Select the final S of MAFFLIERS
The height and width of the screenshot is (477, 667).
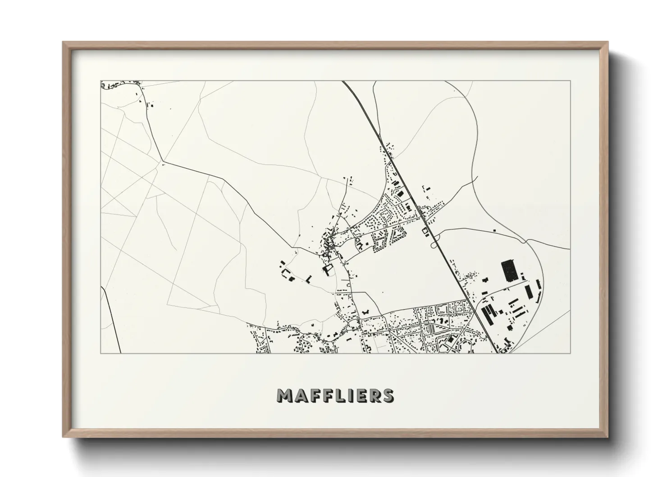[387, 395]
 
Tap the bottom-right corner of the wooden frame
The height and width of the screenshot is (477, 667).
[607, 436]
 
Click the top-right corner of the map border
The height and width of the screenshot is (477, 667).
[570, 81]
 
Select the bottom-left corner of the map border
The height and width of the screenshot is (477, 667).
[101, 353]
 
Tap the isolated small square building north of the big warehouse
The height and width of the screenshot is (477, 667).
[495, 231]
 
